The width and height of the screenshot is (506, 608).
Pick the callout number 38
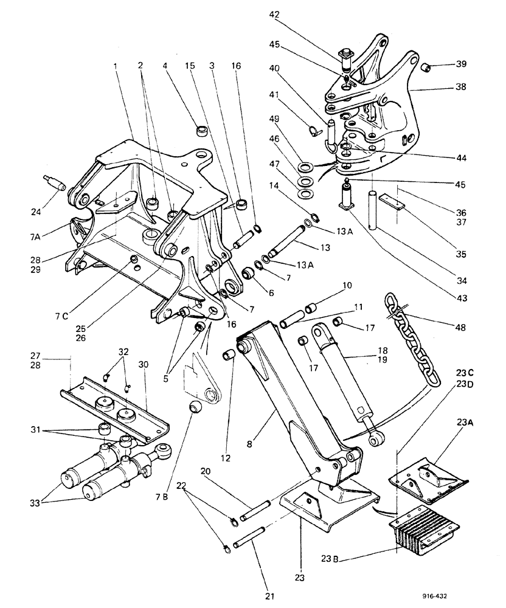(x=462, y=87)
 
